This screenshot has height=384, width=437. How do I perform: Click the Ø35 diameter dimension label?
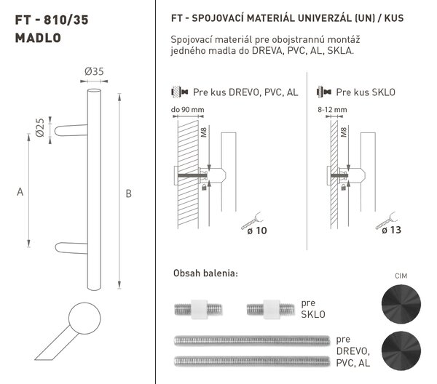(x=94, y=72)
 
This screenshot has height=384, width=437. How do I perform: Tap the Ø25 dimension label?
(x=40, y=128)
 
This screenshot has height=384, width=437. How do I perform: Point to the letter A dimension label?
(x=20, y=192)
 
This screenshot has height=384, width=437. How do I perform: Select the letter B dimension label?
(x=128, y=193)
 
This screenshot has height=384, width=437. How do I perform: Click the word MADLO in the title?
(x=38, y=38)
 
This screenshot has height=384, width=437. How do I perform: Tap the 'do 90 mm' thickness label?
(x=188, y=110)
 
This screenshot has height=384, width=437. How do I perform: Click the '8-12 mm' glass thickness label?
(x=332, y=110)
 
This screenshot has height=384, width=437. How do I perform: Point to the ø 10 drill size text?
(x=257, y=231)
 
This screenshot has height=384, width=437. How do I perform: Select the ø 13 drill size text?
(x=391, y=230)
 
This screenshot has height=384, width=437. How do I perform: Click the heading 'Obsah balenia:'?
(x=205, y=273)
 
